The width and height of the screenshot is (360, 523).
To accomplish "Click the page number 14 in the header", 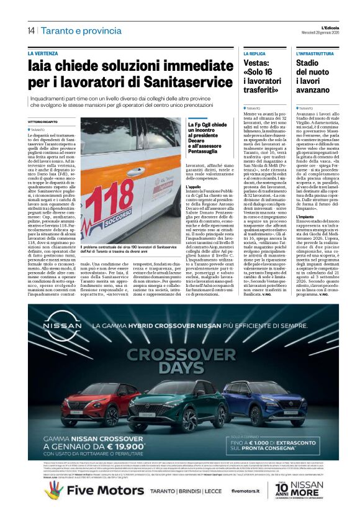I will [x=30, y=30].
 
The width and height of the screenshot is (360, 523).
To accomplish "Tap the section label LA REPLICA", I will [x=257, y=54].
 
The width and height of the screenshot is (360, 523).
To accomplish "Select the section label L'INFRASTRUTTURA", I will [x=315, y=54].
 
